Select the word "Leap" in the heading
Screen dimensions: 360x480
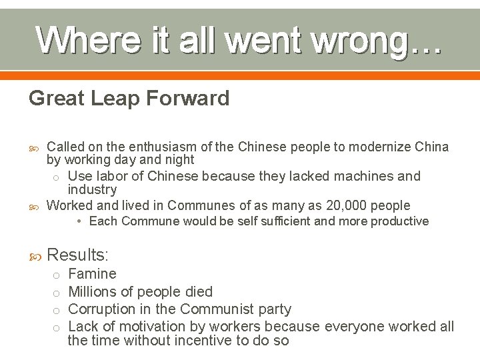click(114, 99)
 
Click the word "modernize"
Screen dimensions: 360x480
click(364, 147)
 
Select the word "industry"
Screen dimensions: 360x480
click(92, 189)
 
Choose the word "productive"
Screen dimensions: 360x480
click(399, 221)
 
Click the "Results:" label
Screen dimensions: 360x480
click(77, 254)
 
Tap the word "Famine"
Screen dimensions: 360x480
click(92, 274)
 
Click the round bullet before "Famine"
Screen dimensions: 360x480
click(56, 275)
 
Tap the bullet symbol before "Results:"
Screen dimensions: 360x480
click(35, 255)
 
